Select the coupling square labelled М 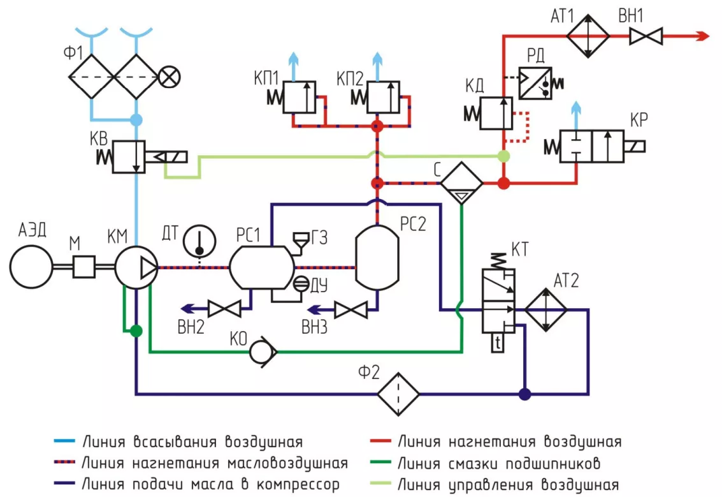[x=84, y=266]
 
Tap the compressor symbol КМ [x=136, y=267]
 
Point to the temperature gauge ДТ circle [x=198, y=241]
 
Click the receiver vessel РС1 [x=261, y=267]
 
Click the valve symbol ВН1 [x=646, y=36]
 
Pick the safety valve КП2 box [x=383, y=98]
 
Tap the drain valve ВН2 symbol [x=226, y=310]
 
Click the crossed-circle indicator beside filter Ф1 [x=169, y=78]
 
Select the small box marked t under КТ [x=499, y=344]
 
